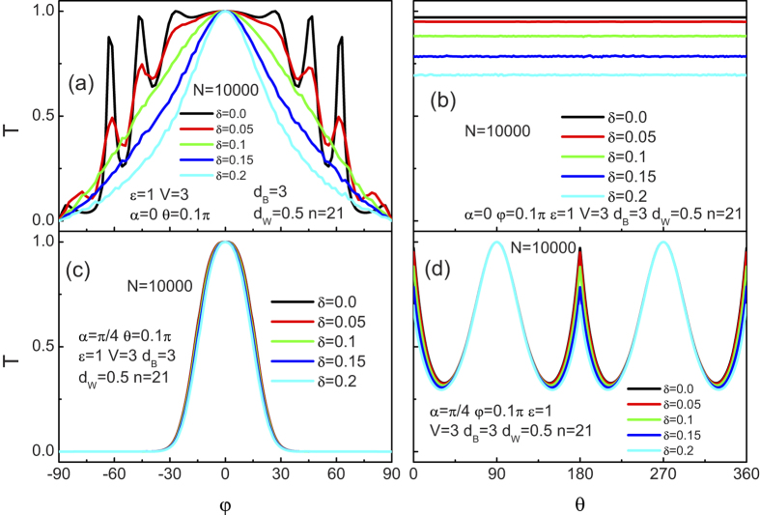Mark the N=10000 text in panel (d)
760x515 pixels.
(539, 249)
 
